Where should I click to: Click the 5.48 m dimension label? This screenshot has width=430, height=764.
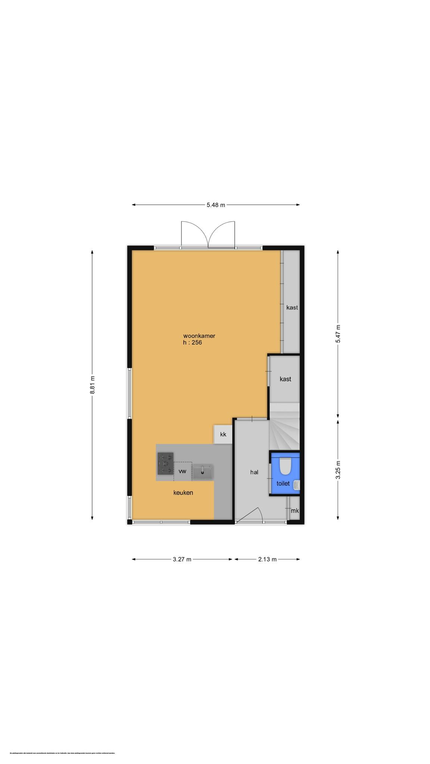click(216, 205)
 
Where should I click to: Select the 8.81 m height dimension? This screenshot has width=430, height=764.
click(92, 385)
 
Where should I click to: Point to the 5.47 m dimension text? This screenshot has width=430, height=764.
click(338, 334)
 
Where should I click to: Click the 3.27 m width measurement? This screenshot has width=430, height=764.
click(182, 559)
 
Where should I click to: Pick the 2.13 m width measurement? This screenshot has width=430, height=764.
click(267, 559)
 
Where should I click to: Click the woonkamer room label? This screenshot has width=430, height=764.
click(199, 336)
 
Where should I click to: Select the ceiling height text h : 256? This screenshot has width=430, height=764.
click(192, 342)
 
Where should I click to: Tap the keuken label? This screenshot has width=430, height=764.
click(183, 493)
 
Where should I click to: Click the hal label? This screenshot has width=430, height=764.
click(254, 472)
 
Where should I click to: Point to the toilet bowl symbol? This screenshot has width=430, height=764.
click(286, 466)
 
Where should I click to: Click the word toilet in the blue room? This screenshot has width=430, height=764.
click(283, 483)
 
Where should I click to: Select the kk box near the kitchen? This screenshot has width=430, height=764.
click(223, 435)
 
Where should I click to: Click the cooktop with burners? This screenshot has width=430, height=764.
click(165, 463)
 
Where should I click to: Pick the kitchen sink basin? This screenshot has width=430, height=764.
click(203, 472)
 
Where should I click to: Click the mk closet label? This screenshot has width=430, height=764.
click(295, 511)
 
